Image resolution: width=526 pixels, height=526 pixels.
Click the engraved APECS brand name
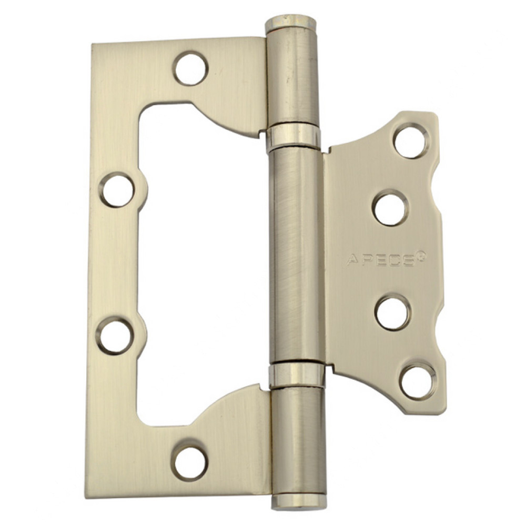(379, 260)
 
